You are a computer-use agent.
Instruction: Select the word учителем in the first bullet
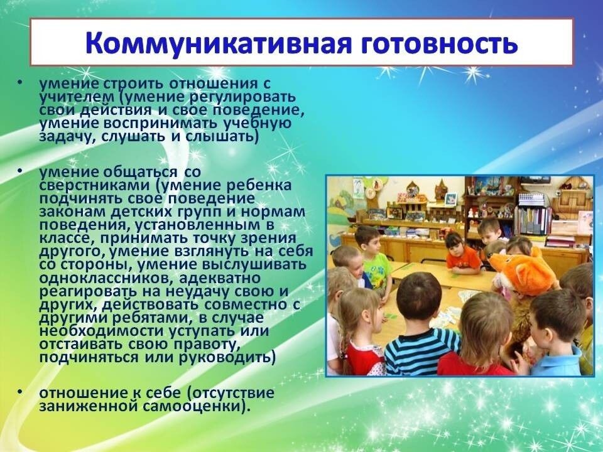(x=72, y=97)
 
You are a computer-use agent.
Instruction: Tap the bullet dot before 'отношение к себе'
(x=19, y=392)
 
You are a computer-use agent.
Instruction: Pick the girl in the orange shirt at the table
(x=462, y=254)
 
